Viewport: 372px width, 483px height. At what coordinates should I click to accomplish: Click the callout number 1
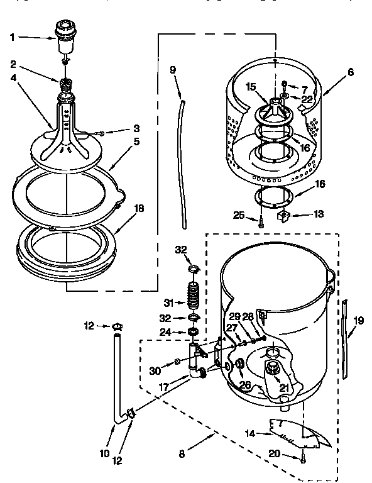pos(12,36)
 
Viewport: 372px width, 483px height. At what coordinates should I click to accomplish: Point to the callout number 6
pos(351,73)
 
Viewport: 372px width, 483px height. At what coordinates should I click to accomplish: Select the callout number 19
pos(358,320)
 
